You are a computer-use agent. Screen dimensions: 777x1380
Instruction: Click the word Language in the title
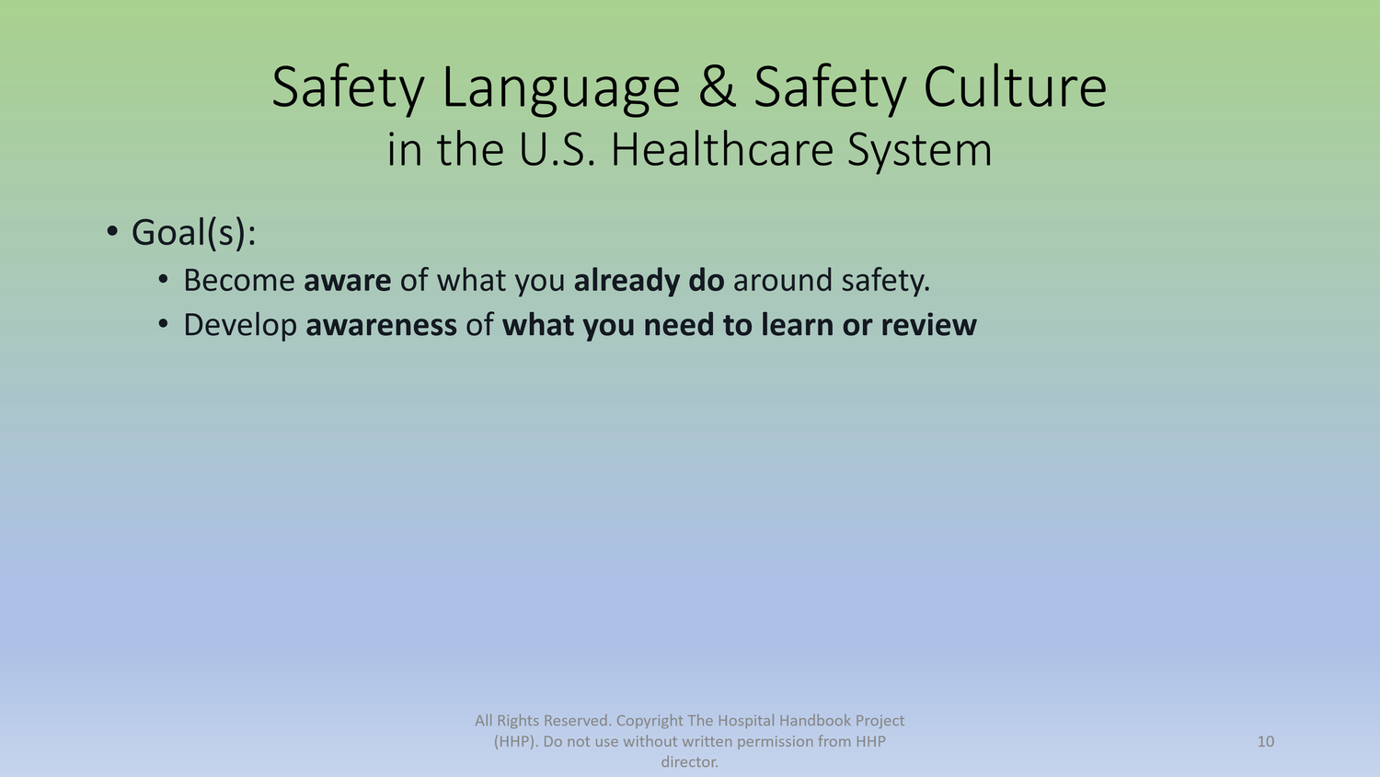[560, 88]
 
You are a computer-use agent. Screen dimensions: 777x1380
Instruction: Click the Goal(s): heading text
[193, 233]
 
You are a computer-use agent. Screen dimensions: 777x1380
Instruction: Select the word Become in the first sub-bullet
[239, 280]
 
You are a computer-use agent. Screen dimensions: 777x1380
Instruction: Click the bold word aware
[347, 280]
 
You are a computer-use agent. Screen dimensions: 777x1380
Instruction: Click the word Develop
[240, 326]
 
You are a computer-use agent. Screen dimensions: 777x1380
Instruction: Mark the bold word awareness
[381, 325]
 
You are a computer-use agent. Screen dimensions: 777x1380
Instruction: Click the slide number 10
[1265, 741]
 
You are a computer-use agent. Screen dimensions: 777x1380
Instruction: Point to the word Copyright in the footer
[650, 721]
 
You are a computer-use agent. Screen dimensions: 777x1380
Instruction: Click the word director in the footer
[688, 762]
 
